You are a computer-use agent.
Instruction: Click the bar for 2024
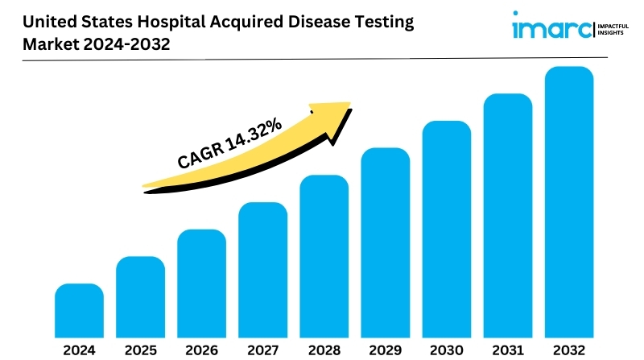pos(79,311)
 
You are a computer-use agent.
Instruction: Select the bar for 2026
pos(202,283)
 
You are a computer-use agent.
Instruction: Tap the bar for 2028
pos(324,256)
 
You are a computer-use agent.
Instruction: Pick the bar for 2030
pos(447,230)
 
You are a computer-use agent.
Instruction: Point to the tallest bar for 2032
pos(569,202)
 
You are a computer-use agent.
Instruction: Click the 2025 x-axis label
pos(140,350)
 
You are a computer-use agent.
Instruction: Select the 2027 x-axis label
pos(263,350)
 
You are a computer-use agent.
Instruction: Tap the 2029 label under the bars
pos(386,350)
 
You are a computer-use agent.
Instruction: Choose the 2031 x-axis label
pos(508,350)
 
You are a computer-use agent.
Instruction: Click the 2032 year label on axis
pos(569,350)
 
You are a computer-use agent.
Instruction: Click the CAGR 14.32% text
pos(229,143)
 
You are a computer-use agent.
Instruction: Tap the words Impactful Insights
pos(613,29)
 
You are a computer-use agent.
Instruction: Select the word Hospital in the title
pos(171,23)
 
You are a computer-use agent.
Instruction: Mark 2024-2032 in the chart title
pos(126,44)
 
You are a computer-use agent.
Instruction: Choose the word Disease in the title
pos(319,22)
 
